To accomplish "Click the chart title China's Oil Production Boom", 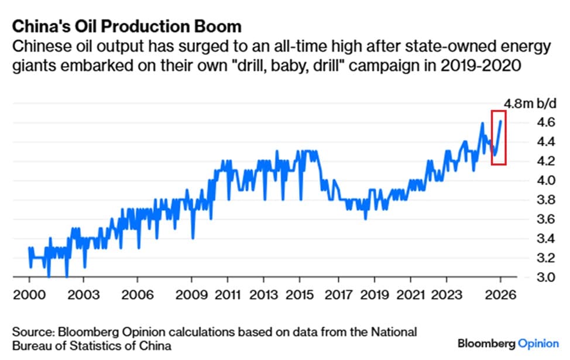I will click(x=127, y=27).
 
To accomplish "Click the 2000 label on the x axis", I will click(x=29, y=294).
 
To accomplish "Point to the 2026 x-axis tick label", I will click(x=500, y=294).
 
